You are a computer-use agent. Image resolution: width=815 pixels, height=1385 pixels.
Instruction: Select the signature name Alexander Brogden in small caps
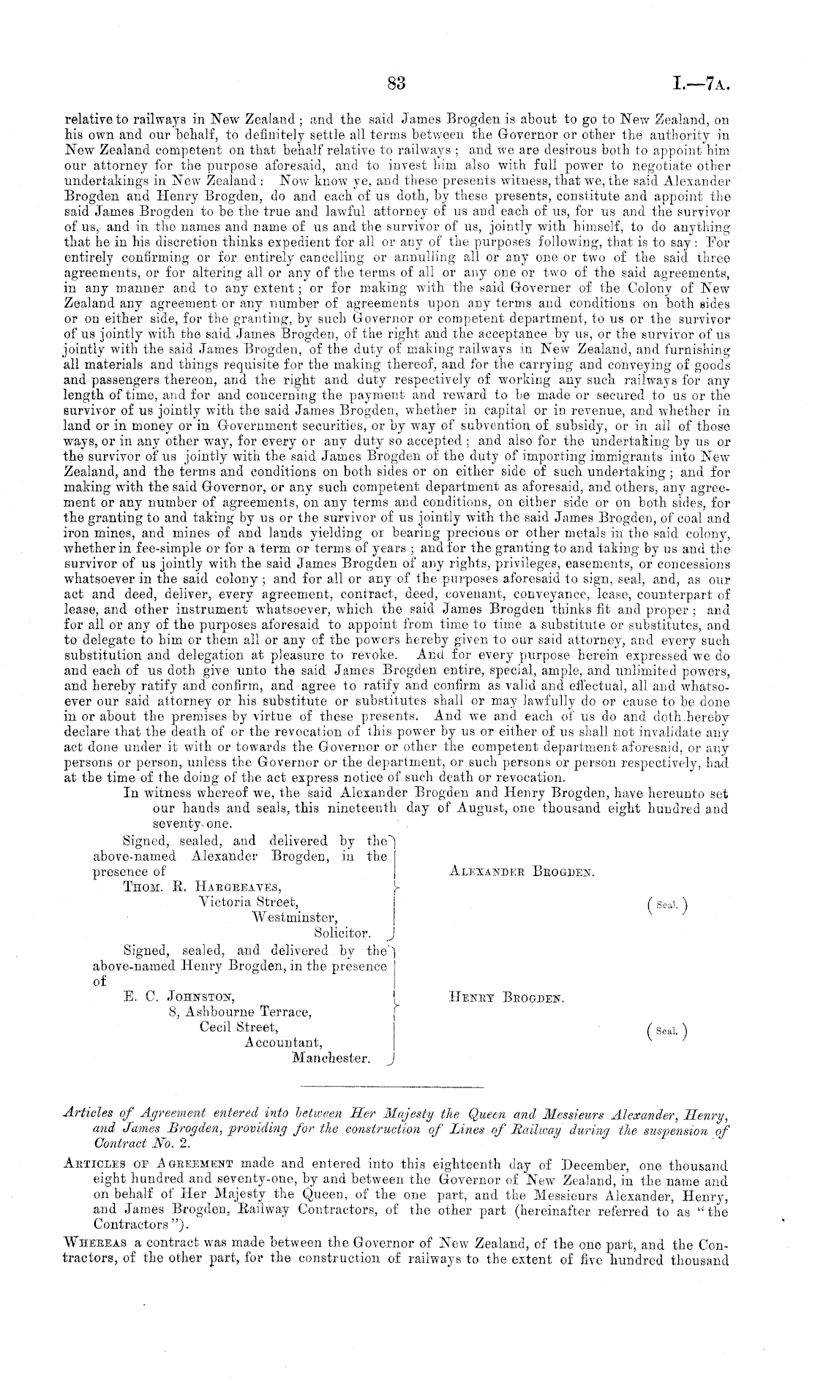pyautogui.click(x=520, y=872)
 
